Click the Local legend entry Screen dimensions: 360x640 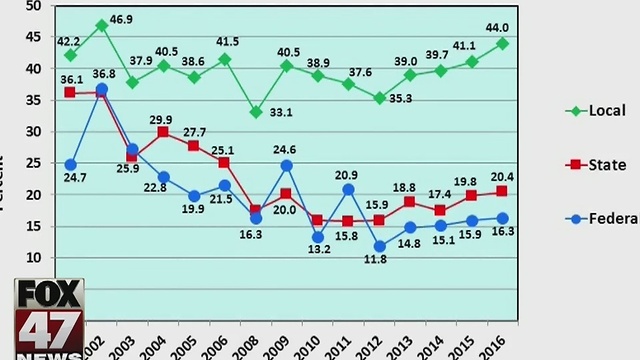pyautogui.click(x=596, y=111)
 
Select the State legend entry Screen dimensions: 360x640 pyautogui.click(x=596, y=165)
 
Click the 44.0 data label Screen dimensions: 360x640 pyautogui.click(x=498, y=28)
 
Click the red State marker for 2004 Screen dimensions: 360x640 pyautogui.click(x=163, y=132)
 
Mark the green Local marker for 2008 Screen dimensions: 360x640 pyautogui.click(x=256, y=112)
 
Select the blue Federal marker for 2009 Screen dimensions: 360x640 pyautogui.click(x=286, y=165)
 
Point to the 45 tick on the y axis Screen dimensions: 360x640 pyautogui.click(x=33, y=37)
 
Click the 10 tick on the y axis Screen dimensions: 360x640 pyautogui.click(x=33, y=257)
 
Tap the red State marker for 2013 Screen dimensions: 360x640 pyautogui.click(x=410, y=201)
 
